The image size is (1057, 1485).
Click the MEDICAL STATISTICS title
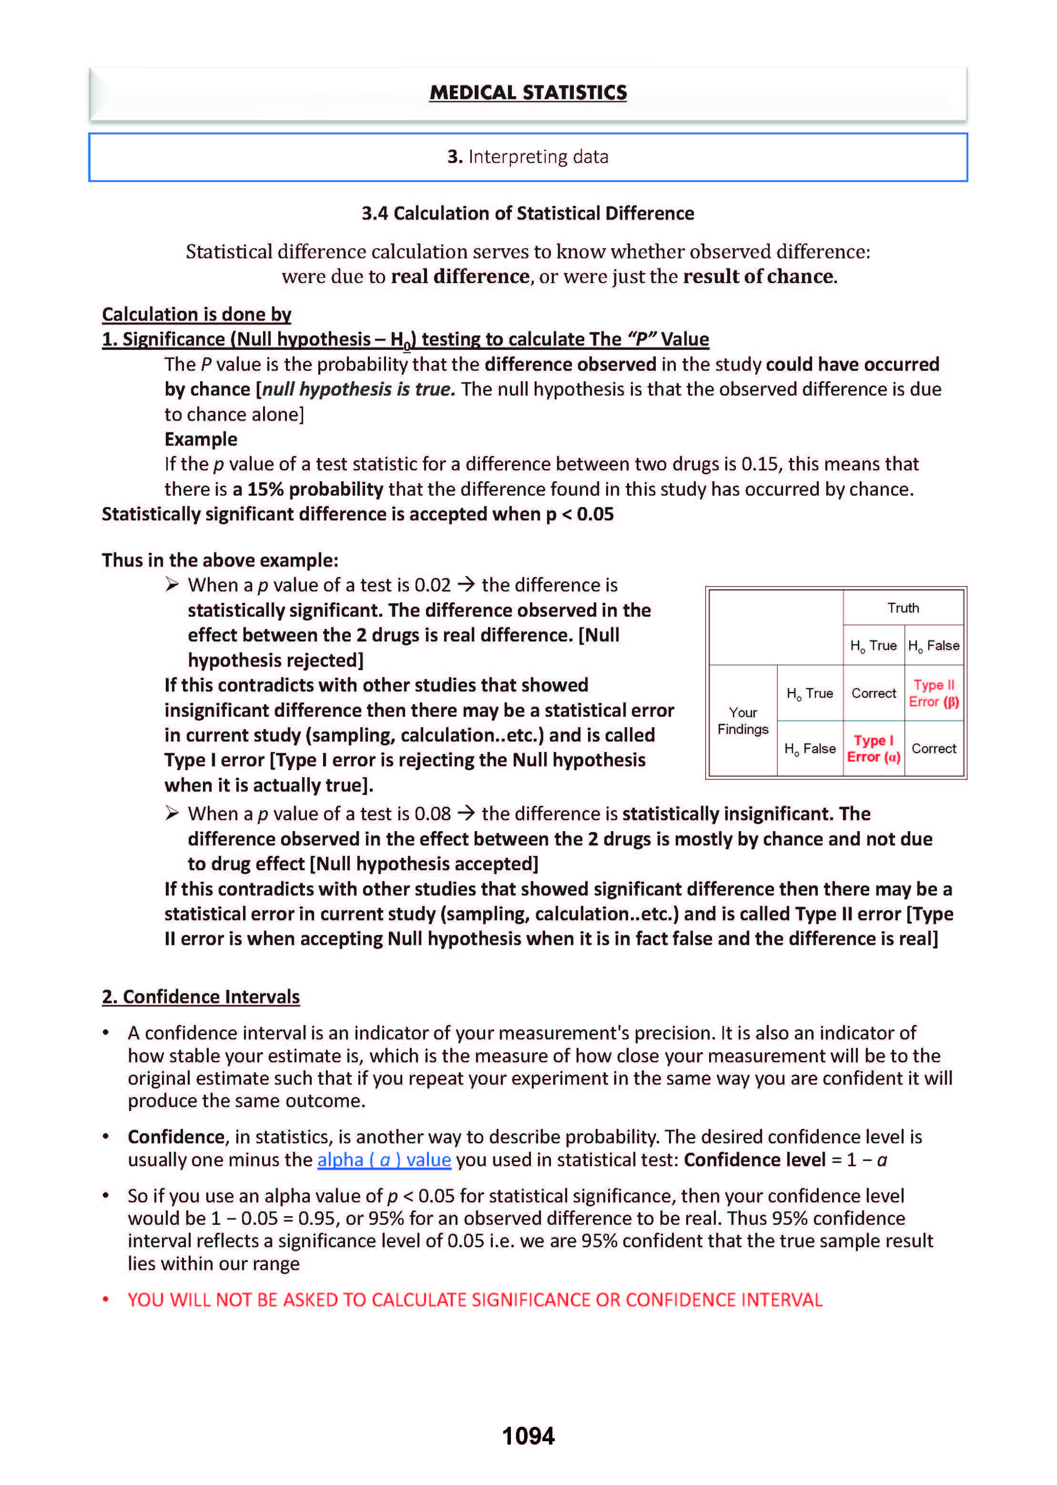528,93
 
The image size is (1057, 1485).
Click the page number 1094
528,1435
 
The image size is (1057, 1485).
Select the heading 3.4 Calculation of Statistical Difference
528,214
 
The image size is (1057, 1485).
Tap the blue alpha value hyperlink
384,1159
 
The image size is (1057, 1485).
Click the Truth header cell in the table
903,608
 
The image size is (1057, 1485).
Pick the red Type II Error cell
934,693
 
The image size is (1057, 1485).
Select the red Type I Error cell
874,748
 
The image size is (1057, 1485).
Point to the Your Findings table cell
742,721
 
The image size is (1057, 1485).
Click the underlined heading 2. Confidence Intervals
201,997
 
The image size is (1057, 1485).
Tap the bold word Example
201,439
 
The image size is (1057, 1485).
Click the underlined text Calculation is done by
196,315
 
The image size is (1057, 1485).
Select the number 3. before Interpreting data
454,157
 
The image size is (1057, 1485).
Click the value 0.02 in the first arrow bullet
432,585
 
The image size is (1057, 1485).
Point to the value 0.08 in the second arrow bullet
432,814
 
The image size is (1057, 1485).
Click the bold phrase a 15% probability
308,489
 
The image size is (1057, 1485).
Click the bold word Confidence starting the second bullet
176,1137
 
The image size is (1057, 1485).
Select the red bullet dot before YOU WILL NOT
105,1300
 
